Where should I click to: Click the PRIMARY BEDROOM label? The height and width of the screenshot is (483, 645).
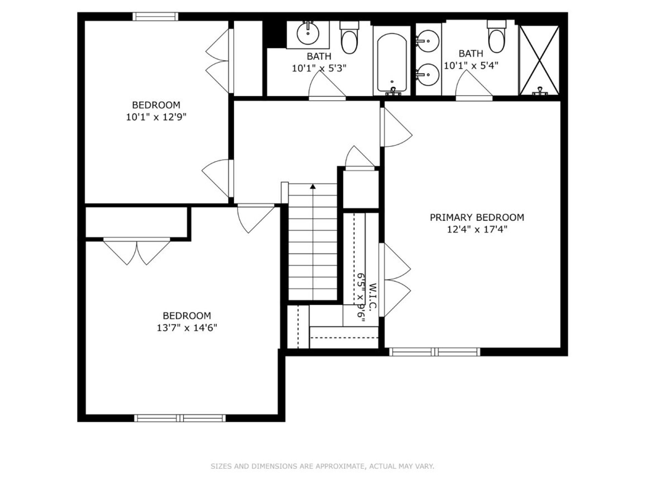pyautogui.click(x=477, y=217)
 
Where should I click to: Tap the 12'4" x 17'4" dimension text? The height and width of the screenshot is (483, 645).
pyautogui.click(x=477, y=229)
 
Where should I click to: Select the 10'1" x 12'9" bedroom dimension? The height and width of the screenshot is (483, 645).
pyautogui.click(x=156, y=117)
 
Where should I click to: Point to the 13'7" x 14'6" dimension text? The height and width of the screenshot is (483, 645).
pyautogui.click(x=187, y=328)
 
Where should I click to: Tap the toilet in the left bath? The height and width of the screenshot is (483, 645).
pyautogui.click(x=349, y=38)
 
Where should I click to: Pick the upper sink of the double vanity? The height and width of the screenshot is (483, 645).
pyautogui.click(x=428, y=41)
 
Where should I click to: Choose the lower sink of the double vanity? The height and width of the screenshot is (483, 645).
pyautogui.click(x=428, y=75)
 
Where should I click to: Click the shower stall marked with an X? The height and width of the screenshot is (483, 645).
pyautogui.click(x=539, y=60)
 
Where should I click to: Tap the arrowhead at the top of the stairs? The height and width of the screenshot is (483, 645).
pyautogui.click(x=313, y=186)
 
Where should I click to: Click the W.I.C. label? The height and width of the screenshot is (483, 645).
pyautogui.click(x=373, y=296)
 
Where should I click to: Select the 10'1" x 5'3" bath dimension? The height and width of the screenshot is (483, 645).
pyautogui.click(x=319, y=68)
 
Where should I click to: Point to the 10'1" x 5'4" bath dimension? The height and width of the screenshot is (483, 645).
pyautogui.click(x=471, y=65)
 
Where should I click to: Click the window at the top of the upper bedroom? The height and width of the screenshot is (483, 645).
pyautogui.click(x=155, y=16)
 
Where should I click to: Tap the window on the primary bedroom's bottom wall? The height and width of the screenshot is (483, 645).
pyautogui.click(x=435, y=352)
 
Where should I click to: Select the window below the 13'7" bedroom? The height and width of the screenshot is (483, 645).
pyautogui.click(x=180, y=418)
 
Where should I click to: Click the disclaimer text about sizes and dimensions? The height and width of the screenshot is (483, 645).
pyautogui.click(x=322, y=466)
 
